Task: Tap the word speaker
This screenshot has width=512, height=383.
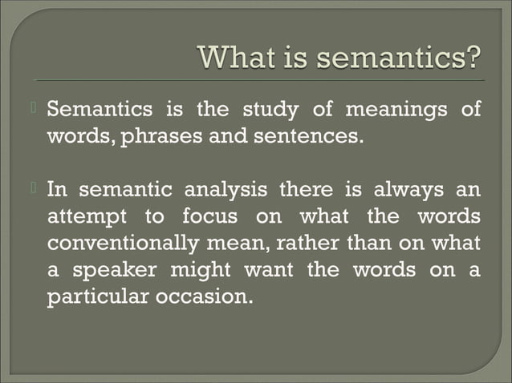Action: coord(112,270)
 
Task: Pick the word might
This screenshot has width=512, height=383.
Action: coord(200,269)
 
